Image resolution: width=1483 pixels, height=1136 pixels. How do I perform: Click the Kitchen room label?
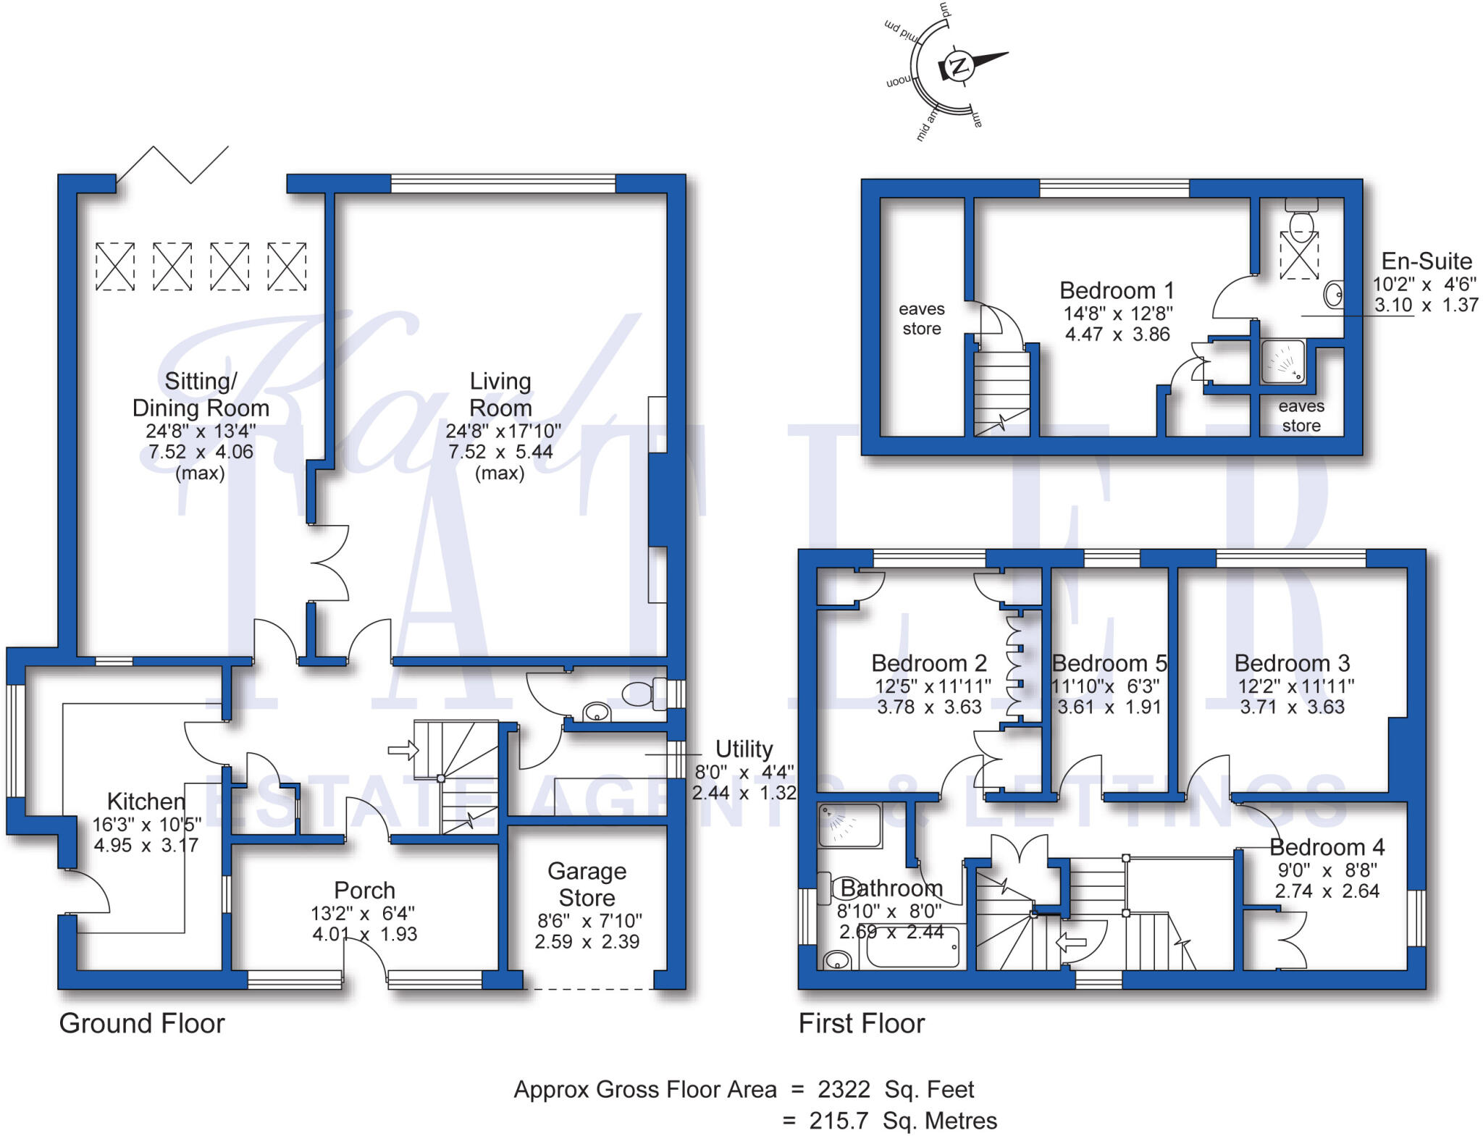146,801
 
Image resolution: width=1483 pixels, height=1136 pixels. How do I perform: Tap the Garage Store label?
587,884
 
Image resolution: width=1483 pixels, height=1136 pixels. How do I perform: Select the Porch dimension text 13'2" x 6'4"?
363,913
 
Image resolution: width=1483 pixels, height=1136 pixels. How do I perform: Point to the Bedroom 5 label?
1109,663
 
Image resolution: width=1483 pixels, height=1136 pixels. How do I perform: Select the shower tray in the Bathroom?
849,825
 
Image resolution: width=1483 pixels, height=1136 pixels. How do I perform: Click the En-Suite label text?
1426,261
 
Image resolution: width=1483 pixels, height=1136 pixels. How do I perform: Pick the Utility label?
744,749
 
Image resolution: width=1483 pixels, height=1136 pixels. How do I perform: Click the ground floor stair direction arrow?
403,750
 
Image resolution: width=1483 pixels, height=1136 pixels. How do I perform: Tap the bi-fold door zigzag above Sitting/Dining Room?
173,164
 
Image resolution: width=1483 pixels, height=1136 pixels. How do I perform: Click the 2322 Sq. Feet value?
896,1089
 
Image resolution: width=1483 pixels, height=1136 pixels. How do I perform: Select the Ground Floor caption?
142,1023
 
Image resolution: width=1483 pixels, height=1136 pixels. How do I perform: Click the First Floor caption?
861,1023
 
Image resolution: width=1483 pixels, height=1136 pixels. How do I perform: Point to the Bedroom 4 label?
1327,847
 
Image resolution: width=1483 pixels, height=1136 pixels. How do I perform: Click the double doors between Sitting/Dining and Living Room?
330,563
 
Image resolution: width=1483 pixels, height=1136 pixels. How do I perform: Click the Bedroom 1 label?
1116,290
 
